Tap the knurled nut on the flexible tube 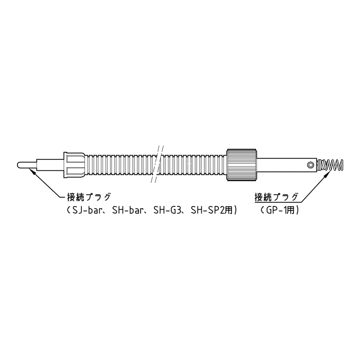click(x=242, y=165)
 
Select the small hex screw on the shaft click(x=311, y=165)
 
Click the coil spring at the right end click(x=330, y=165)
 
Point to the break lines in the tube click(x=158, y=164)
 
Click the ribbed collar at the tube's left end click(x=74, y=165)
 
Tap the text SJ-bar click(x=88, y=210)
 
